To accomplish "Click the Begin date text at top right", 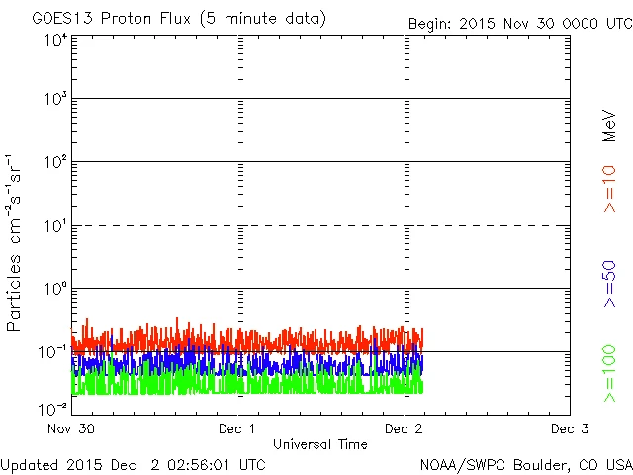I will click(518, 23).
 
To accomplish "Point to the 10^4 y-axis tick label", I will click(55, 40).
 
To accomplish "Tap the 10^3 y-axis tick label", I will click(55, 99).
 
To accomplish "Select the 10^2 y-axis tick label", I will click(55, 162).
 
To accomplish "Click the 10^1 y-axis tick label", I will click(55, 226).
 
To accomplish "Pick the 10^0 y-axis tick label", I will click(55, 289).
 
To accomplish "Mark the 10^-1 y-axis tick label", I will click(53, 352).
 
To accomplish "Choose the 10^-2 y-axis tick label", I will click(53, 408).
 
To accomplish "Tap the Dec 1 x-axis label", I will click(237, 428).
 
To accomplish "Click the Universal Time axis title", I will click(320, 444).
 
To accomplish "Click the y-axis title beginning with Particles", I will click(16, 242).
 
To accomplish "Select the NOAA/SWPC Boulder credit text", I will click(525, 463).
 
